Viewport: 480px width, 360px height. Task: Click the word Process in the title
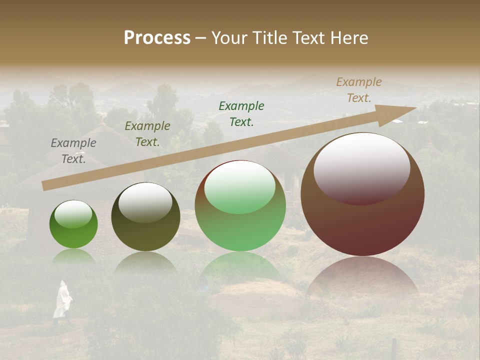[157, 38]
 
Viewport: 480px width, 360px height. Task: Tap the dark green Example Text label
[241, 113]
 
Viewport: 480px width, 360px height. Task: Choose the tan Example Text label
[359, 90]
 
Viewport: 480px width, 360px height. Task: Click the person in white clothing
[62, 299]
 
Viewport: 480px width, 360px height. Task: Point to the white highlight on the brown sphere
[361, 167]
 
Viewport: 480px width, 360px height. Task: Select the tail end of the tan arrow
[46, 185]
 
